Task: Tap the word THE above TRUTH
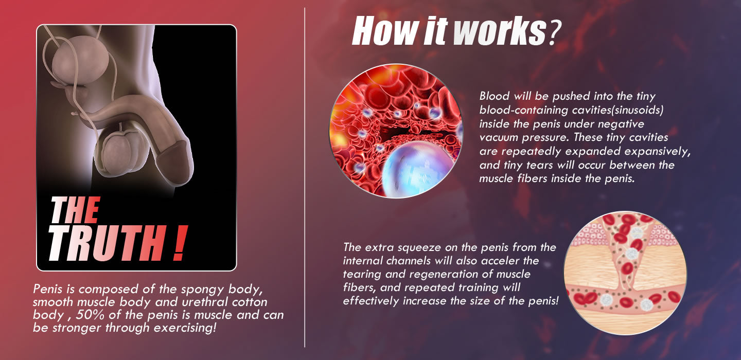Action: (75, 210)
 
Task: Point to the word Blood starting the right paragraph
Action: (494, 96)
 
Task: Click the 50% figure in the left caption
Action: (90, 315)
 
